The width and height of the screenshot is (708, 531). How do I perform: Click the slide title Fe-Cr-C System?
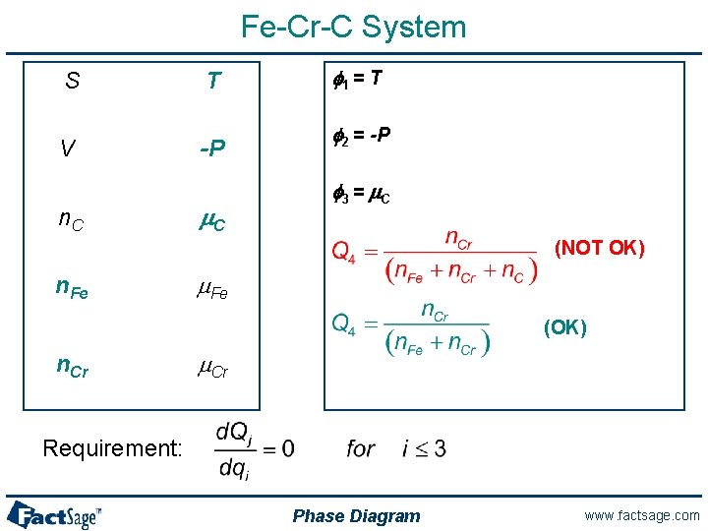[x=354, y=27]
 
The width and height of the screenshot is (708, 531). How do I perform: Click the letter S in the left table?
[x=72, y=82]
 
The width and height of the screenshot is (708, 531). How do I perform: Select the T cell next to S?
[x=213, y=82]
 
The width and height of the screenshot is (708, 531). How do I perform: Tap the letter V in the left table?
[x=67, y=148]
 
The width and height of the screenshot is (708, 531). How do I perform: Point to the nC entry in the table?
[x=70, y=222]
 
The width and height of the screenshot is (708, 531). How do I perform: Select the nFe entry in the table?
[x=72, y=289]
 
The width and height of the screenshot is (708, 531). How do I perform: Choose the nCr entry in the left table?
[x=71, y=367]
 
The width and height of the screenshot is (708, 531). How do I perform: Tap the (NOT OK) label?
[x=600, y=248]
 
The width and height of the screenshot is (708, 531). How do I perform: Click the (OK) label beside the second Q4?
[x=565, y=327]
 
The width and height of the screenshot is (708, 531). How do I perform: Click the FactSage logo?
[x=54, y=514]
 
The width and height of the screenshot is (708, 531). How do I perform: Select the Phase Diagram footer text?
[x=356, y=516]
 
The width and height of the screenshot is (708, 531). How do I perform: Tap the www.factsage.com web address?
[x=640, y=515]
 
